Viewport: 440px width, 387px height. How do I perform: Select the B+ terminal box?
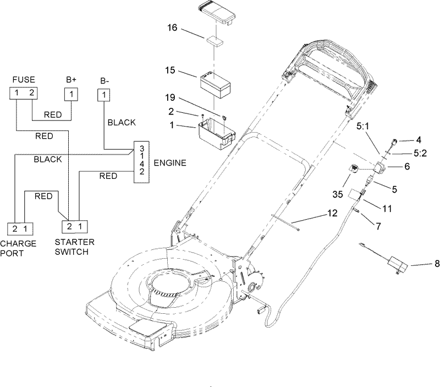(71, 94)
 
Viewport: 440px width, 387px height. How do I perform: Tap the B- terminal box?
(102, 94)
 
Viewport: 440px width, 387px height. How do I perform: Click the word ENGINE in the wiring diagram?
(170, 162)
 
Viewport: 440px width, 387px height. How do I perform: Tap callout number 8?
(437, 264)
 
